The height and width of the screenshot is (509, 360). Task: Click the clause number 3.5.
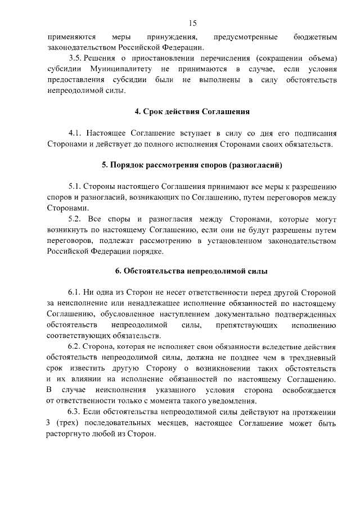pyautogui.click(x=75, y=58)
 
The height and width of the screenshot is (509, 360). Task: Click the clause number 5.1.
pyautogui.click(x=75, y=187)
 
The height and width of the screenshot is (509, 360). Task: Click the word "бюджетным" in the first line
pyautogui.click(x=315, y=37)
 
